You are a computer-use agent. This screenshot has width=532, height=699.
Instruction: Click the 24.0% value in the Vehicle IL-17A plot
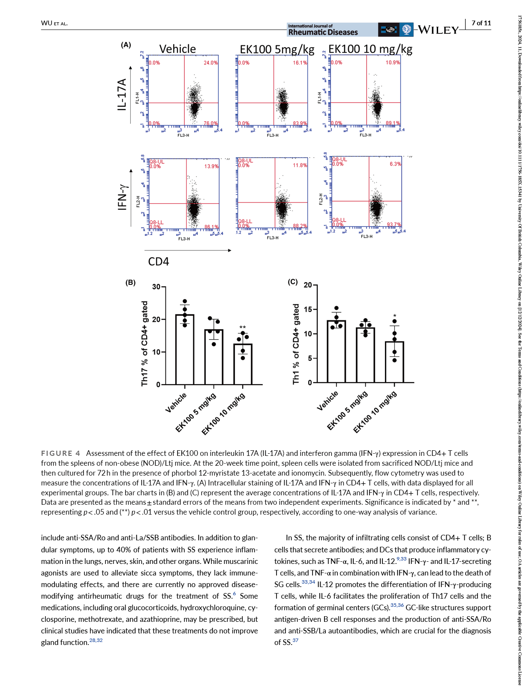tap(210, 63)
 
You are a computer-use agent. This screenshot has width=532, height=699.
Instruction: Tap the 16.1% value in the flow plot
tap(300, 63)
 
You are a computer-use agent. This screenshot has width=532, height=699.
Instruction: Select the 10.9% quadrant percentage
tap(393, 62)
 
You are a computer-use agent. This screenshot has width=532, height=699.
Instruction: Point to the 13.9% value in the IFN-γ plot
tap(211, 166)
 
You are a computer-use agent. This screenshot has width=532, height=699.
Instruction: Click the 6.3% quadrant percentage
tap(395, 164)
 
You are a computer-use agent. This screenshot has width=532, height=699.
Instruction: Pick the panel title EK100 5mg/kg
tap(277, 49)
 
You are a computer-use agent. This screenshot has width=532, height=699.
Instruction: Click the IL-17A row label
tap(123, 94)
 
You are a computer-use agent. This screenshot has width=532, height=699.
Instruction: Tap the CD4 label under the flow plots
tap(158, 262)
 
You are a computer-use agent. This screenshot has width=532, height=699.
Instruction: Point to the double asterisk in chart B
tap(243, 328)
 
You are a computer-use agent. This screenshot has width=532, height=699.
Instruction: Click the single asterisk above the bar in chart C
tap(395, 316)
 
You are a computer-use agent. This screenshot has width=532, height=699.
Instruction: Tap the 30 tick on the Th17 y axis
tap(156, 287)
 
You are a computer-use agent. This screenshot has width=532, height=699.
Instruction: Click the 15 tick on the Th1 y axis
tap(308, 309)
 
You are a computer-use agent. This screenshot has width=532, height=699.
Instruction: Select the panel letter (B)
tap(130, 283)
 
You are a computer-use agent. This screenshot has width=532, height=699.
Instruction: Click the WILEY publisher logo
tap(438, 30)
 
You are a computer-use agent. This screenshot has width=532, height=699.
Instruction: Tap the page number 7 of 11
tap(481, 23)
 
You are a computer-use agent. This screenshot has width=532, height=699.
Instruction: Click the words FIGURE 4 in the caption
tap(60, 453)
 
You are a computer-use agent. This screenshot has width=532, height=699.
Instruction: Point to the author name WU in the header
tap(47, 23)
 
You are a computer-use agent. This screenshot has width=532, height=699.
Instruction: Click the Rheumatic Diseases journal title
tap(323, 32)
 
